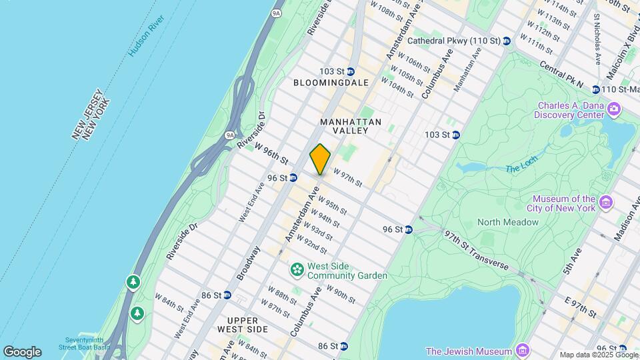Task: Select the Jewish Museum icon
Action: [x=523, y=351]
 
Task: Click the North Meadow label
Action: [x=508, y=222]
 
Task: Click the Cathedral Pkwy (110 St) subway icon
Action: [x=507, y=41]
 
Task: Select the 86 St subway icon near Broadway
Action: [x=227, y=295]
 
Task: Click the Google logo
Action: [x=22, y=351]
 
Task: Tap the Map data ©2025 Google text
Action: [x=598, y=355]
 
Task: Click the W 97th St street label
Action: [x=348, y=179]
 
